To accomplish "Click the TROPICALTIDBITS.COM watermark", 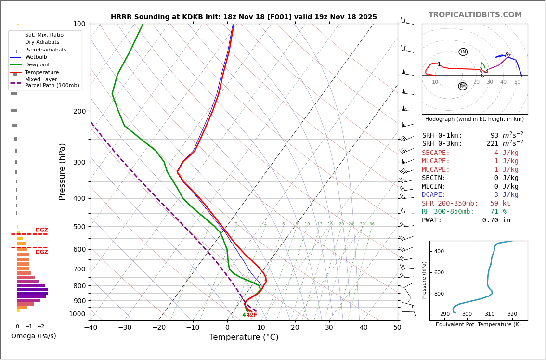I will click(x=475, y=15).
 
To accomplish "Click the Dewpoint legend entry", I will click(x=37, y=65).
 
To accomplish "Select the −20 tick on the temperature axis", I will click(x=159, y=328).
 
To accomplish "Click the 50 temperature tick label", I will click(x=397, y=328).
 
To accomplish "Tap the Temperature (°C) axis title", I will click(x=244, y=337).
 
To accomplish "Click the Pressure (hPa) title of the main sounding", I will click(x=62, y=171).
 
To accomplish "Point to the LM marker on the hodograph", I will click(x=463, y=52).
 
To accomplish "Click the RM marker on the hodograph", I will click(x=463, y=86).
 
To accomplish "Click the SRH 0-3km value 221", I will click(x=493, y=144).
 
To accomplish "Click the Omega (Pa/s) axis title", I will click(x=34, y=336).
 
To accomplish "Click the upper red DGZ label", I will click(x=41, y=230).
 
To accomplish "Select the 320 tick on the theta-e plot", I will click(x=512, y=314).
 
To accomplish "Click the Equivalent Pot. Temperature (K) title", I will click(x=478, y=325).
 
